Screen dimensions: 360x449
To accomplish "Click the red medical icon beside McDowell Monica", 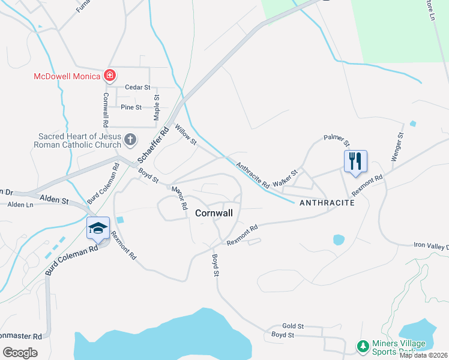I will (x=110, y=76).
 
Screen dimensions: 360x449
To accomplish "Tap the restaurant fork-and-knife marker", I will (x=355, y=161).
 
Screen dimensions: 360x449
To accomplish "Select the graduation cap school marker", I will (x=98, y=228).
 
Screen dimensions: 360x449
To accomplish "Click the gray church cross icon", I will (x=130, y=140).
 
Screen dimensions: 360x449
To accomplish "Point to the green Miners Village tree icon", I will (x=363, y=346).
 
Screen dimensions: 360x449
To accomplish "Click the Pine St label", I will (x=131, y=107).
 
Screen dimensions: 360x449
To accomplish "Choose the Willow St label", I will (x=185, y=134).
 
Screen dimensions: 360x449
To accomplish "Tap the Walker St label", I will (x=285, y=178).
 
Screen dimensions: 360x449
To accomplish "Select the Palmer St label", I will (x=337, y=140).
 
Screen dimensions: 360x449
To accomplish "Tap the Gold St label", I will (x=294, y=325).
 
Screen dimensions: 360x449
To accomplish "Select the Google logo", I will (x=20, y=352).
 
